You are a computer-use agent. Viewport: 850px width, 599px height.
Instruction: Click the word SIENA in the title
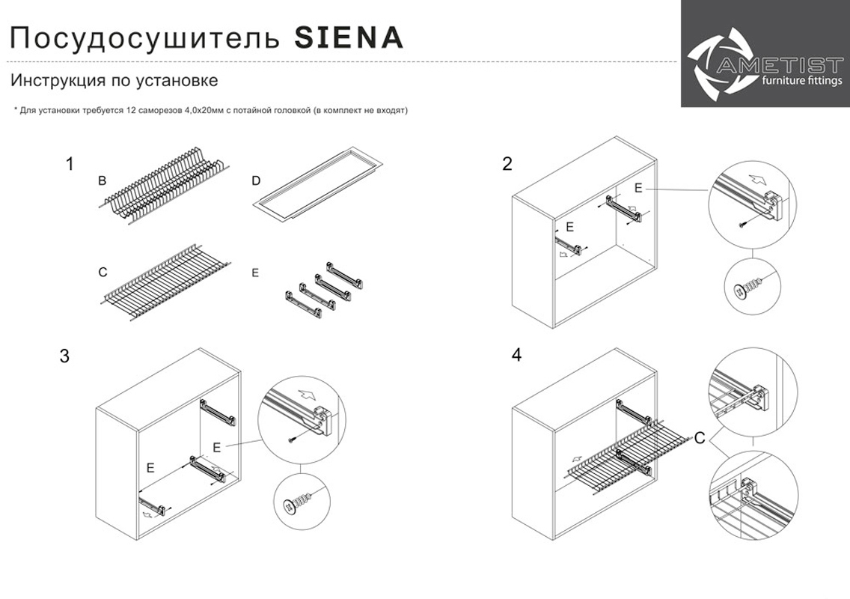[x=349, y=37]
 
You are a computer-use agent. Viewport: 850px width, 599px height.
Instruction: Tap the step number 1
[x=70, y=163]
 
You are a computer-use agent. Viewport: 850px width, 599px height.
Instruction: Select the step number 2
[x=507, y=163]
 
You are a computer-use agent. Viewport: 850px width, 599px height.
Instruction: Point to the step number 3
[x=64, y=356]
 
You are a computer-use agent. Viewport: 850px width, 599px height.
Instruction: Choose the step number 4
[x=516, y=355]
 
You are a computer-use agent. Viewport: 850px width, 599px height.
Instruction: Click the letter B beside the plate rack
[x=102, y=180]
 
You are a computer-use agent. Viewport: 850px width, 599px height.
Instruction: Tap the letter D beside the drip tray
[x=257, y=180]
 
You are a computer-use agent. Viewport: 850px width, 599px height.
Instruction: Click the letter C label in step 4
[x=700, y=438]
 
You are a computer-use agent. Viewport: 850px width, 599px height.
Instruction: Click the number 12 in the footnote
[x=130, y=110]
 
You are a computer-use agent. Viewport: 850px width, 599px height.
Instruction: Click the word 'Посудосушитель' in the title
[x=145, y=39]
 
